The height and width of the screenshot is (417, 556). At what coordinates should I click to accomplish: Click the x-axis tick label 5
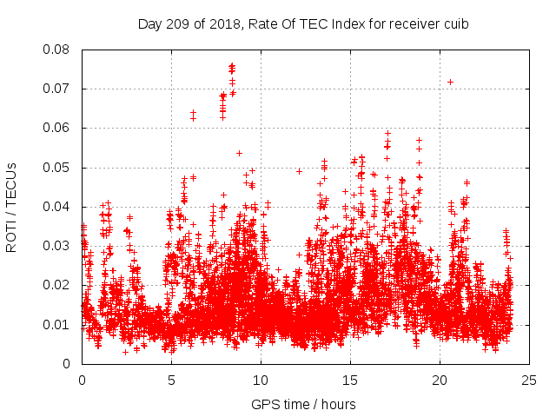[171, 381]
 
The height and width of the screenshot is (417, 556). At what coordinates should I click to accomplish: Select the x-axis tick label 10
[261, 381]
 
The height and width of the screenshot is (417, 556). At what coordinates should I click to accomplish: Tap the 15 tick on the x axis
[350, 381]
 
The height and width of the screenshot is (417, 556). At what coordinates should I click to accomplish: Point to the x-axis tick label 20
[440, 381]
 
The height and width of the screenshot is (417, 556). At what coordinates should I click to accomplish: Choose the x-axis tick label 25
[529, 381]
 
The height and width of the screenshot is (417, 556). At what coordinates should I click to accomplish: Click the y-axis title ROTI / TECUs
[12, 207]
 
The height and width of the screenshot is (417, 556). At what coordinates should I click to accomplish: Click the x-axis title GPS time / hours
[303, 404]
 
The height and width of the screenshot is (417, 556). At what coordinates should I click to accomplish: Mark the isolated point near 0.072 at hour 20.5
[450, 82]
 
